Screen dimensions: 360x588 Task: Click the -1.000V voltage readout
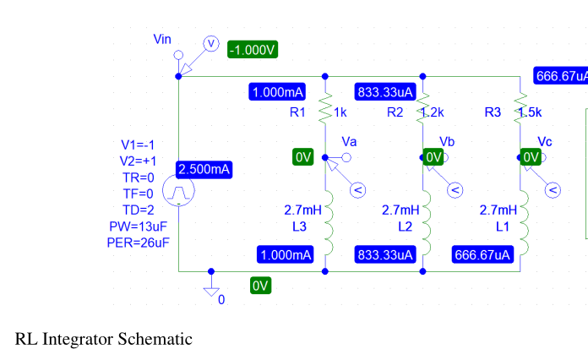tap(253, 50)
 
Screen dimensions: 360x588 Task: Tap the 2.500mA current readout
tap(204, 170)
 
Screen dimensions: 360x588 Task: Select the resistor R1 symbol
tap(325, 109)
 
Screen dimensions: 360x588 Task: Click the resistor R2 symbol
tap(423, 109)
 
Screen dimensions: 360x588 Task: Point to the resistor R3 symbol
tap(520, 109)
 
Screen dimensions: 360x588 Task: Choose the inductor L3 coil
tap(326, 221)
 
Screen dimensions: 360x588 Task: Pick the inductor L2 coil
tap(423, 221)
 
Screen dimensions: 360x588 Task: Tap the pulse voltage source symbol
tap(178, 194)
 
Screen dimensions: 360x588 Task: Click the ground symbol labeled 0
tap(211, 289)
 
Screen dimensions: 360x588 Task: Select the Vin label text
tap(162, 40)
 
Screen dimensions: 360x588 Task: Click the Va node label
tap(349, 140)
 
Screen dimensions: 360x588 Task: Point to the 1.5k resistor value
tap(530, 112)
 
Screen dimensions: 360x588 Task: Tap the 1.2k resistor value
tap(433, 112)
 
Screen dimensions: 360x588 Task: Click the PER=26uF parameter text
tap(140, 243)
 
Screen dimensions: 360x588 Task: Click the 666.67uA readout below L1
tap(483, 254)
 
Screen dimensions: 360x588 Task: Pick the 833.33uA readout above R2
tap(384, 91)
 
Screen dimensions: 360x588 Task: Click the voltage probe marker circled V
tap(212, 43)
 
